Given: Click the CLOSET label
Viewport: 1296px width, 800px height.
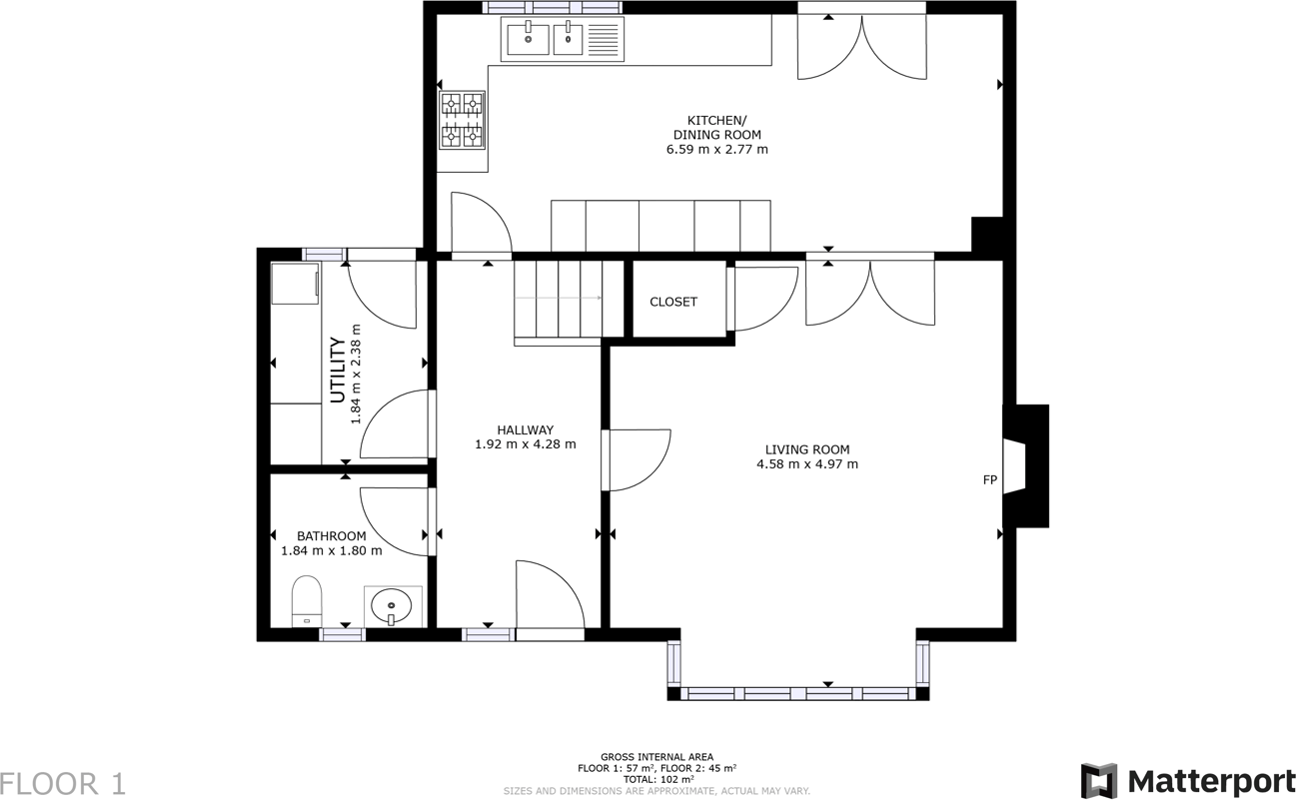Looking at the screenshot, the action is coord(673,302).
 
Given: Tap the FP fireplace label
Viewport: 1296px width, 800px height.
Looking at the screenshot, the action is coord(990,479).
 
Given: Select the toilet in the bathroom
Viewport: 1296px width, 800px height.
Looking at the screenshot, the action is coord(307,601).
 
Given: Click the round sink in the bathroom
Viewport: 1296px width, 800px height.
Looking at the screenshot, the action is coord(392,606).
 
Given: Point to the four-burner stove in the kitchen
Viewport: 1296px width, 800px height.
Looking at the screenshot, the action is coord(462,120).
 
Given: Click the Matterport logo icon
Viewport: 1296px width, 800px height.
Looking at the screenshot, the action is coord(1100,780).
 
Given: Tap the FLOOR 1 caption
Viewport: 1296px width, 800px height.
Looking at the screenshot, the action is coord(63,784).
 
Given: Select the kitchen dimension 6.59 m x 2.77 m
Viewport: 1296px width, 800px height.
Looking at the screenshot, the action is coord(716,149).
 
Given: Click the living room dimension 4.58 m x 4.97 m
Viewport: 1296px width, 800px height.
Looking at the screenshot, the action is coord(807,463).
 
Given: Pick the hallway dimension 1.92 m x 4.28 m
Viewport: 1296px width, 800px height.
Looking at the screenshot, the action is coord(526,444).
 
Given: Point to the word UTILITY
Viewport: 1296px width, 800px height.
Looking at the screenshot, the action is coord(338,370).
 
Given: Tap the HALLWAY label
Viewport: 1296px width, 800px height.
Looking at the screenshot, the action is coord(526,429).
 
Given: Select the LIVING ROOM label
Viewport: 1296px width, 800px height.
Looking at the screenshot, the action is coord(807,449).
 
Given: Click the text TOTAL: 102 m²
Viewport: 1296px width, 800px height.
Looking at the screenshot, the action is coord(656,780).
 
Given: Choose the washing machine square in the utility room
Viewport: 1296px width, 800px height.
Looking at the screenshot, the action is coord(295,284).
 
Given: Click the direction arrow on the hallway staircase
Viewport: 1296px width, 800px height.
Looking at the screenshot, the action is coord(558,298).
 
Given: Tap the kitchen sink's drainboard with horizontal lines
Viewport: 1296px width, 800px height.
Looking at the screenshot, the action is coord(604,39).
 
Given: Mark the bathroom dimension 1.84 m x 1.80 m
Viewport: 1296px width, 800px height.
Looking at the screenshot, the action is coord(332,550).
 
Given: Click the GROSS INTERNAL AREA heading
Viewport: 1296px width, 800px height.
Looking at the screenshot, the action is coord(656,757).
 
